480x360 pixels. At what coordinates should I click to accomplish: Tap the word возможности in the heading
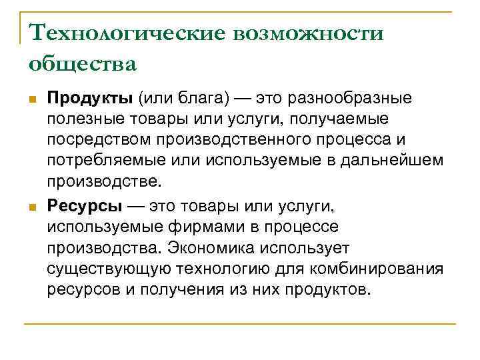coord(308,33)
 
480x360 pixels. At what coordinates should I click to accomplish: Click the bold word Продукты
coord(91,99)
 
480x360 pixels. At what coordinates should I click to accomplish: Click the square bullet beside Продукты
coord(32,100)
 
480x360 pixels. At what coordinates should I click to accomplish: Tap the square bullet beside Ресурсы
coord(32,207)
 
